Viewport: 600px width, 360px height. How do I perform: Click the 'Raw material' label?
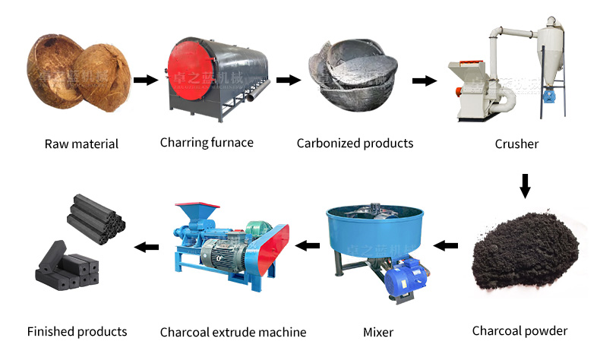click(81, 144)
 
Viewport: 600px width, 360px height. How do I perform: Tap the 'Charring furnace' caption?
click(207, 142)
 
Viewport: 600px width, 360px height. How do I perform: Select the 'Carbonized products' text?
click(355, 143)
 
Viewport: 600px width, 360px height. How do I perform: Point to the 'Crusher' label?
click(516, 144)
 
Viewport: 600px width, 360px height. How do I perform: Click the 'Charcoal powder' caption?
click(519, 330)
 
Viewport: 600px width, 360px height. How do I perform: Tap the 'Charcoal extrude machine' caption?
click(233, 332)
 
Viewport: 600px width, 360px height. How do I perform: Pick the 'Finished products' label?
click(77, 331)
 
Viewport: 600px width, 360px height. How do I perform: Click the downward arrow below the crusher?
click(525, 185)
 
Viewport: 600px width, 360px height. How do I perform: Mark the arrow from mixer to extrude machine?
click(307, 245)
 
